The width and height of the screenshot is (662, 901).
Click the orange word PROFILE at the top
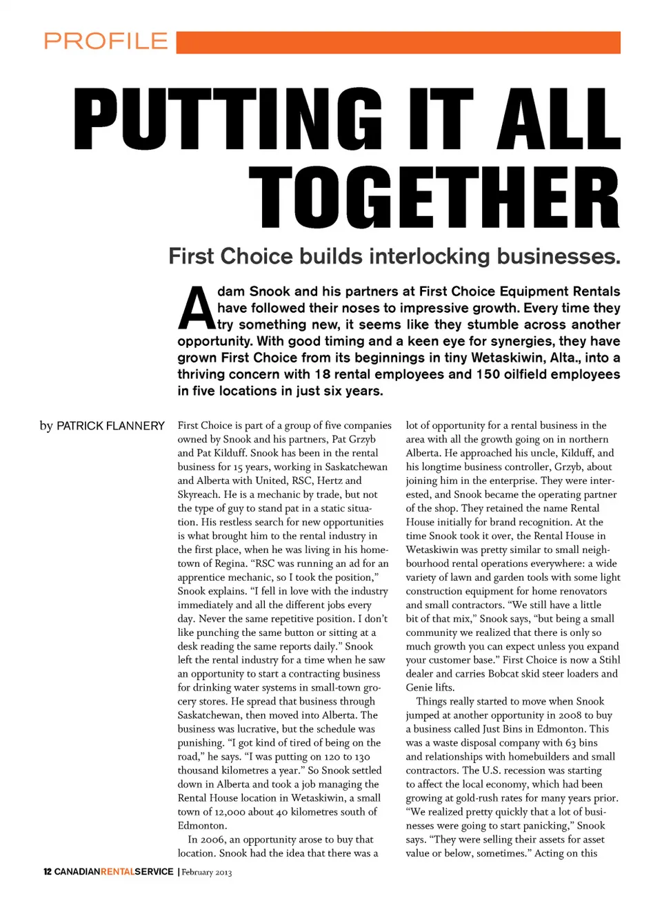106,41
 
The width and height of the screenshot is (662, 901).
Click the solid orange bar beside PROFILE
398,42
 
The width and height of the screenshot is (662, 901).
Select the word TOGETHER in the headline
434,198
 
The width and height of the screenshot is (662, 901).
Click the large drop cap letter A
196,309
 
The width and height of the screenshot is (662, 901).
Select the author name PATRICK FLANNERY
110,426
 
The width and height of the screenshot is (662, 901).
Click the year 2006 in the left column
212,840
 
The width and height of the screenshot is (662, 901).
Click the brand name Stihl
610,660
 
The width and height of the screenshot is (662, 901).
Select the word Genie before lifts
420,688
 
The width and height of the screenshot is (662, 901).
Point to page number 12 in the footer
47,872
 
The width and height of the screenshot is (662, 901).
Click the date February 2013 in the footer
207,873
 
